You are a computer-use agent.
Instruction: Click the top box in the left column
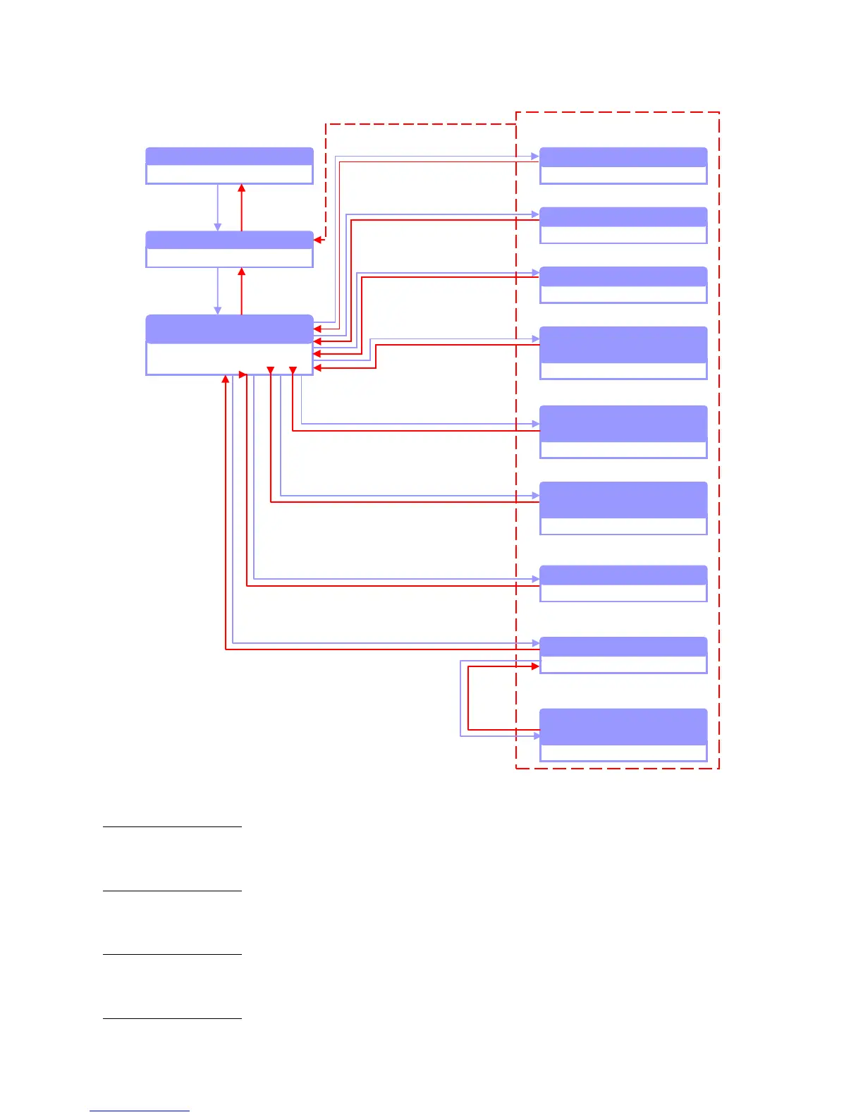229,166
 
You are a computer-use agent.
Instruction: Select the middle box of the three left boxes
229,249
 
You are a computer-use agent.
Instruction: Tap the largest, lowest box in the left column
229,344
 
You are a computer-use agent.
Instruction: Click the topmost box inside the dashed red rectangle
623,166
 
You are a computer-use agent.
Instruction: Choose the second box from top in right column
623,225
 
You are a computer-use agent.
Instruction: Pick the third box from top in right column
623,285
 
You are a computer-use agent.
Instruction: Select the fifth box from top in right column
623,432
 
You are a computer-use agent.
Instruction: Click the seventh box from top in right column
623,583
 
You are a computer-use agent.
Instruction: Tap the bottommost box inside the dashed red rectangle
623,735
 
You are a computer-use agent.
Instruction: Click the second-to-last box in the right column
623,655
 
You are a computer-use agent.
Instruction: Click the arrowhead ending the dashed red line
318,240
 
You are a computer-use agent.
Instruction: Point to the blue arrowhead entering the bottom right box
536,736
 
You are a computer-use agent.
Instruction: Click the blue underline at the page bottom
140,1111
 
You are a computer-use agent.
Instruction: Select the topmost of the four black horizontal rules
172,826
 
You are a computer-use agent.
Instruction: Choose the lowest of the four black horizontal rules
172,1018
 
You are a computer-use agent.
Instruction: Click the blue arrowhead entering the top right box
535,156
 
